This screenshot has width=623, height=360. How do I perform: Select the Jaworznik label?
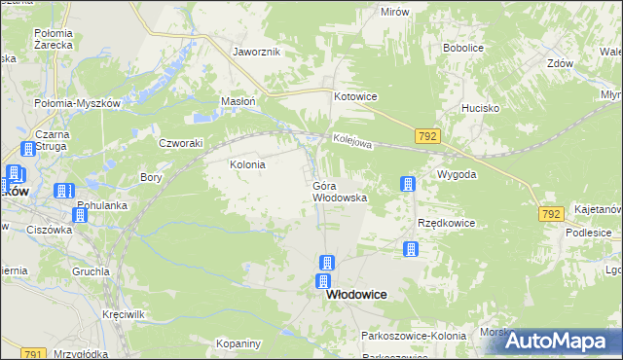tap(257, 52)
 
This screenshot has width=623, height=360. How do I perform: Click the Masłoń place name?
tap(238, 101)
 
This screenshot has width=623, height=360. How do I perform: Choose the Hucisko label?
tap(481, 109)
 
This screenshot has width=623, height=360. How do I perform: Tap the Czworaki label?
tap(180, 142)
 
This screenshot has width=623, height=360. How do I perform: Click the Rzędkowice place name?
tap(446, 223)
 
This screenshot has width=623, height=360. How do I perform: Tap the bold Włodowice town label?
tap(356, 294)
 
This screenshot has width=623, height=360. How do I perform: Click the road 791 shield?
tap(32, 354)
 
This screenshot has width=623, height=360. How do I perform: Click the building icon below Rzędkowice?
tap(411, 250)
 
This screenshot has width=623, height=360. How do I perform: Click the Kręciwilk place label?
tap(124, 316)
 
